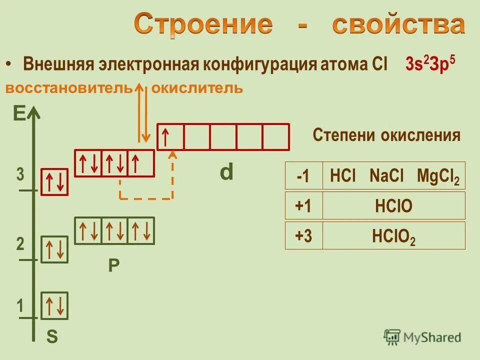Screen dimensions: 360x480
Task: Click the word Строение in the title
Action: [x=203, y=25]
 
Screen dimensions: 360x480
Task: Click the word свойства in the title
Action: [x=398, y=25]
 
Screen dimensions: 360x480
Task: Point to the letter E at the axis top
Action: [x=19, y=114]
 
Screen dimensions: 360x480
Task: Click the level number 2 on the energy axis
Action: [x=20, y=244]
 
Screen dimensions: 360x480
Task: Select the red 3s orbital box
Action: [x=54, y=181]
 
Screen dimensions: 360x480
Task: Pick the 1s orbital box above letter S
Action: [x=54, y=305]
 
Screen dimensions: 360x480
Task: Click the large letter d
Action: [x=226, y=172]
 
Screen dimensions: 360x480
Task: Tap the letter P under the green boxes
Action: [x=114, y=264]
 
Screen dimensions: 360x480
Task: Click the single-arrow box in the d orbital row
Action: [x=170, y=136]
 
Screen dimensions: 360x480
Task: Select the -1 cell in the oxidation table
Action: [x=303, y=176]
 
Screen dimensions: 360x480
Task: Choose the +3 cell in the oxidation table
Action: [x=303, y=236]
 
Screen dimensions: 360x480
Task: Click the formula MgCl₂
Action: [x=437, y=176]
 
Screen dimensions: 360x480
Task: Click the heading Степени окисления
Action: [x=386, y=135]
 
